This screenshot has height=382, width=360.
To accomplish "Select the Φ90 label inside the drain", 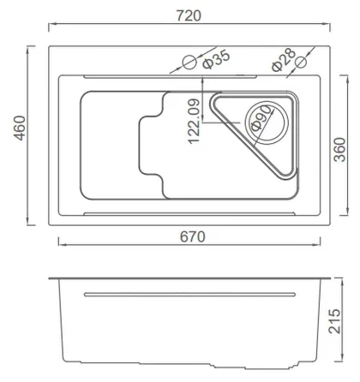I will tap(261, 116).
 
